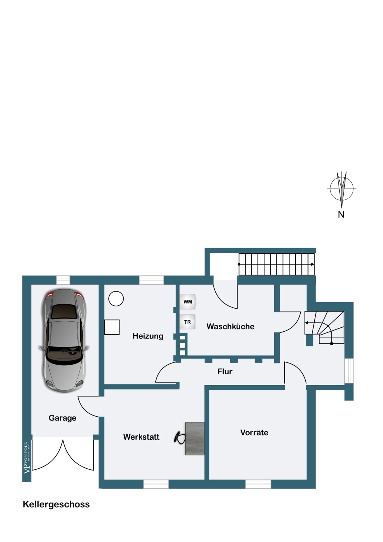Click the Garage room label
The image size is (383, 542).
[63, 418]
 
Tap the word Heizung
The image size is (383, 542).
[148, 336]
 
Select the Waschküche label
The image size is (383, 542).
[230, 326]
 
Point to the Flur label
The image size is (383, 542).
[225, 371]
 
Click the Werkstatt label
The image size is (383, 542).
[141, 437]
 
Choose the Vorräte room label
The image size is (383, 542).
[254, 433]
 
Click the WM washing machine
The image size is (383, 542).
[188, 302]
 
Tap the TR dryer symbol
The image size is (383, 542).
[188, 322]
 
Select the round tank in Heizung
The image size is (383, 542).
[116, 298]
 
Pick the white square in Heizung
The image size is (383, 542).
[112, 327]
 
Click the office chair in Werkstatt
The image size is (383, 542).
[179, 438]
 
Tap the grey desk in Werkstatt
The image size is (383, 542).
[195, 439]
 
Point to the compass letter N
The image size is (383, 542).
[341, 215]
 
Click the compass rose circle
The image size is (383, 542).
[341, 189]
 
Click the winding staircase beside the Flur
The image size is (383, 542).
[324, 328]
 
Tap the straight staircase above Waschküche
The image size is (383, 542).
[276, 264]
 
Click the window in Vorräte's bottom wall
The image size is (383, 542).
[258, 484]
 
